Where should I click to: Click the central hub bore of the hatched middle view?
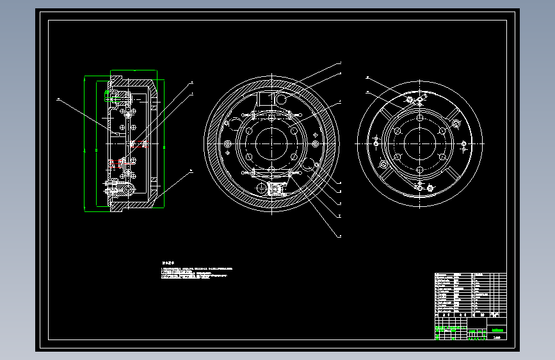(271, 142)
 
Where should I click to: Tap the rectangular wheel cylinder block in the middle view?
(265, 100)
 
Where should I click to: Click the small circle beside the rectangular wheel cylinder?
(281, 99)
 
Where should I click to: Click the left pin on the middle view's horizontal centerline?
(228, 143)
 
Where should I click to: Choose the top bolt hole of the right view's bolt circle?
(419, 117)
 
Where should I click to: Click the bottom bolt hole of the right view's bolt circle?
(419, 170)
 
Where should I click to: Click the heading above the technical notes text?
(168, 263)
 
